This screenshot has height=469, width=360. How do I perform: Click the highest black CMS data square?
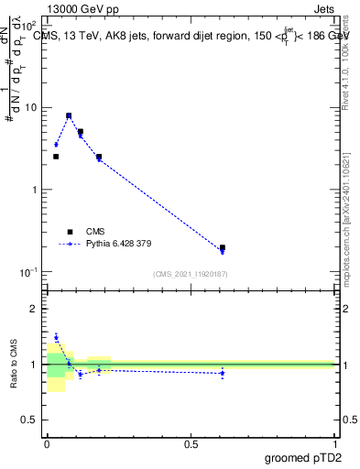point(69,116)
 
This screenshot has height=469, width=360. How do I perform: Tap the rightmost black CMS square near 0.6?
point(223,247)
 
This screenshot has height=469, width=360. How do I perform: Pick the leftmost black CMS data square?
point(56,157)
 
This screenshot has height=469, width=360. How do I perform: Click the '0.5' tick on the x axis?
point(191,444)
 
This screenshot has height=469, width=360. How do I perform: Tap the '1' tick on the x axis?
point(334,444)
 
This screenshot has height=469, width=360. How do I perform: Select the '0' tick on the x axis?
point(47,444)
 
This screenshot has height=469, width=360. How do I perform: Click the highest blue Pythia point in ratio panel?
point(56,337)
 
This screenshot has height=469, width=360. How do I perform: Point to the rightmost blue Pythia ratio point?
point(223,373)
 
